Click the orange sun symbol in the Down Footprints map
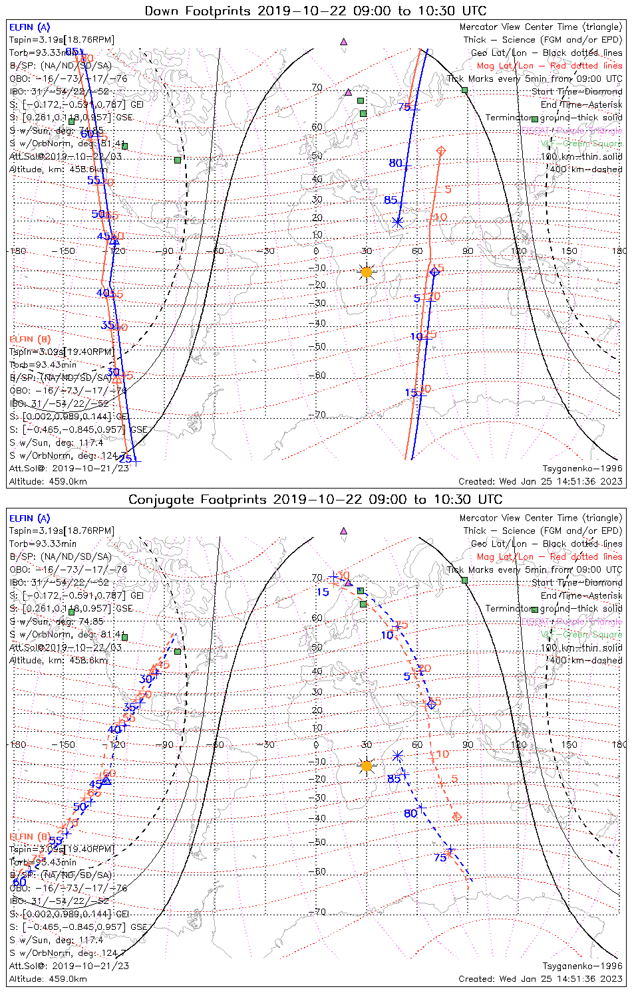point(367,272)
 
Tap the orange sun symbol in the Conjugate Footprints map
point(367,766)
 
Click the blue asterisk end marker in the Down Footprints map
point(398,222)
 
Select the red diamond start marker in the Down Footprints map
point(440,152)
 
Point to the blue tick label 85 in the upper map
point(391,200)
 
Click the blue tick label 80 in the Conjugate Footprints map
point(410,813)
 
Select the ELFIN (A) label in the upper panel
point(29,27)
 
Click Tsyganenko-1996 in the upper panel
point(582,469)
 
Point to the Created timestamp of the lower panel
point(540,978)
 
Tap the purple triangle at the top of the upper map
point(343,41)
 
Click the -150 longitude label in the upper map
point(66,251)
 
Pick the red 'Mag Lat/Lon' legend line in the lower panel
point(549,556)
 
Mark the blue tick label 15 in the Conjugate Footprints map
point(323,592)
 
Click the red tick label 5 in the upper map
point(448,189)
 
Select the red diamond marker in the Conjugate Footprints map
point(456,816)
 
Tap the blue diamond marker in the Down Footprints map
point(434,271)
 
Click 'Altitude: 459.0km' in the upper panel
point(48,481)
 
